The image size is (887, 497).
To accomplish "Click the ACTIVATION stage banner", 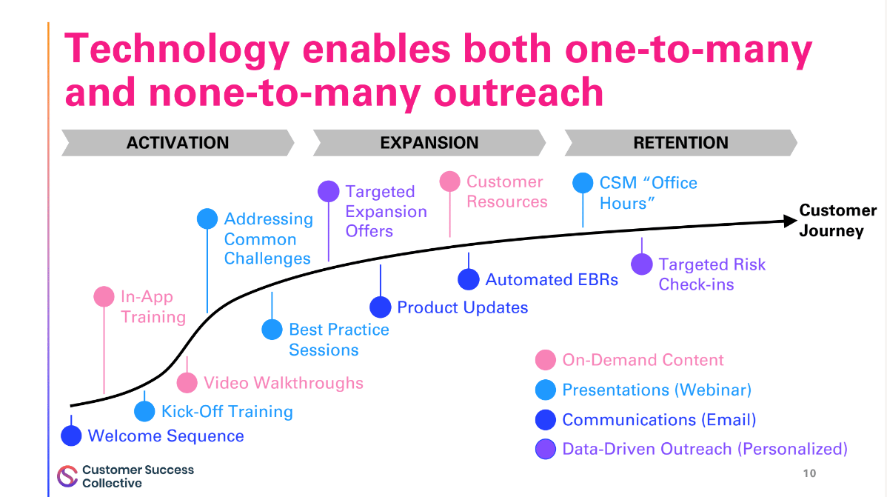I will click(178, 143).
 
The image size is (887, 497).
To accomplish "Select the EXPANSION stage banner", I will click(429, 143).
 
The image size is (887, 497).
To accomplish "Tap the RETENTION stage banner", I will click(680, 143).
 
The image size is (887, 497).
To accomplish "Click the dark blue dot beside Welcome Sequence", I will click(71, 436).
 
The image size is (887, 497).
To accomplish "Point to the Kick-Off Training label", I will click(227, 412).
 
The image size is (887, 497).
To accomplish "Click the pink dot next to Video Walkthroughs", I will click(187, 383).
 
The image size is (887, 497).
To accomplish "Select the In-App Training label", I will click(153, 307).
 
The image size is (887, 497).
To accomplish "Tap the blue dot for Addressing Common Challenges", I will click(207, 219).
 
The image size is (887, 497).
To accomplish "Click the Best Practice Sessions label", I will click(338, 340).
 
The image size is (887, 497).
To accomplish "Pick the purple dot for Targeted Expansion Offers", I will click(329, 192).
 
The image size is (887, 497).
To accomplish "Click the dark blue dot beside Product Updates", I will click(381, 307).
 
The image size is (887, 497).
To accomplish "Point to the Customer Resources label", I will click(506, 192).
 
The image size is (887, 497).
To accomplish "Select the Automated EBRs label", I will click(552, 280).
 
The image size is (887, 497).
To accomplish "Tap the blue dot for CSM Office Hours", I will click(583, 183).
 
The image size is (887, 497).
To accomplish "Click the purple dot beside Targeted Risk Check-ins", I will click(642, 264).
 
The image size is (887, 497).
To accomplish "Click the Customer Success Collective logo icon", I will click(67, 476).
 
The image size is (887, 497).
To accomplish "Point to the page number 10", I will click(809, 473).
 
